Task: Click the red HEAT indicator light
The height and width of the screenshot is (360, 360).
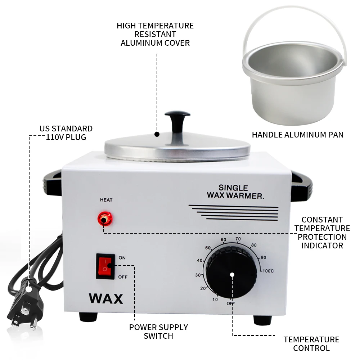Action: pos(105,219)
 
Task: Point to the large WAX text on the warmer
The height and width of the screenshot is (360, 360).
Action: pos(105,299)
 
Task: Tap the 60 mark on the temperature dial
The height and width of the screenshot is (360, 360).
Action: pos(223,240)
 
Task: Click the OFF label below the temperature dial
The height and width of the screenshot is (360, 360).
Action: pos(231,304)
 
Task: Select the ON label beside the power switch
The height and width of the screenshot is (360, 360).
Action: pos(122,258)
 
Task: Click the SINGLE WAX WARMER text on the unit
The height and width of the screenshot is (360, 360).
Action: pos(235,192)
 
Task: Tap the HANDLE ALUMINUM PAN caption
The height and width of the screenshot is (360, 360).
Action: pos(297,135)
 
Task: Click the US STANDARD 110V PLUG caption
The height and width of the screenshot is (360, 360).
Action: pos(66,133)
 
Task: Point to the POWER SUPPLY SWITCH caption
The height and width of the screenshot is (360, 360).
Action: pos(158,332)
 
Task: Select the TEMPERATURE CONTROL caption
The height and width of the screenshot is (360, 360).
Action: pos(311,344)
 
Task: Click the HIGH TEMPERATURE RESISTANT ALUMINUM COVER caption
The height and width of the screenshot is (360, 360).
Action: pos(155,35)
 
